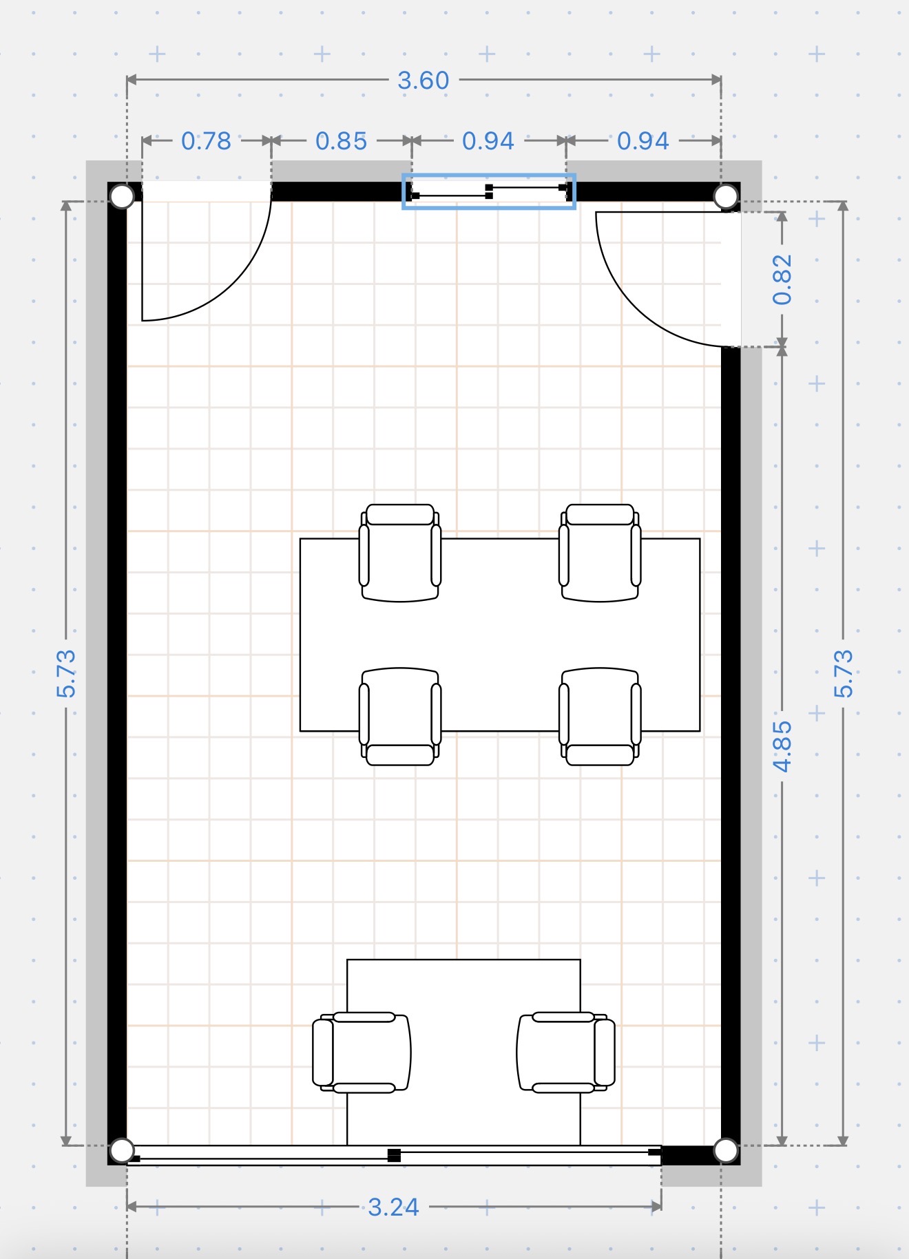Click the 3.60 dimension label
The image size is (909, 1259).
pos(423,81)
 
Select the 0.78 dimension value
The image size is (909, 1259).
pos(206,141)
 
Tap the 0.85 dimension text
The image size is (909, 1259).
pos(341,141)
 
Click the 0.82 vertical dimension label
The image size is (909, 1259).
pos(782,279)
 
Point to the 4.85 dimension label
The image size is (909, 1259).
pos(782,746)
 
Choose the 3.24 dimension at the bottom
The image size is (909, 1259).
pos(393,1207)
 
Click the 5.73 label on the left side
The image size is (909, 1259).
pos(66,673)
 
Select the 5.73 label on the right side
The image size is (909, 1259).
pos(844,673)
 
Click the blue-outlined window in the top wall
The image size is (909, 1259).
pos(489,191)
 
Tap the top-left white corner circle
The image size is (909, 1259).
pos(122,196)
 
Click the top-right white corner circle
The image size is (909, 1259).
pos(726,196)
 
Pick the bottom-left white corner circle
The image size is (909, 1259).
pos(122,1150)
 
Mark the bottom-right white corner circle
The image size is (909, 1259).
pos(726,1150)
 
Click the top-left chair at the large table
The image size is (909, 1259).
pos(400,553)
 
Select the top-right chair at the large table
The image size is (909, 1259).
pos(600,553)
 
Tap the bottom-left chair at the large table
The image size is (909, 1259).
pos(400,717)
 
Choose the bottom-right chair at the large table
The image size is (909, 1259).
pos(600,717)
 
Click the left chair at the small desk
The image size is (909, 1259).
pos(362,1052)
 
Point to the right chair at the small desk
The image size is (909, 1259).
pos(566,1052)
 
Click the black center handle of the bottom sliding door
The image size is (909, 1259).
pos(394,1155)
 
